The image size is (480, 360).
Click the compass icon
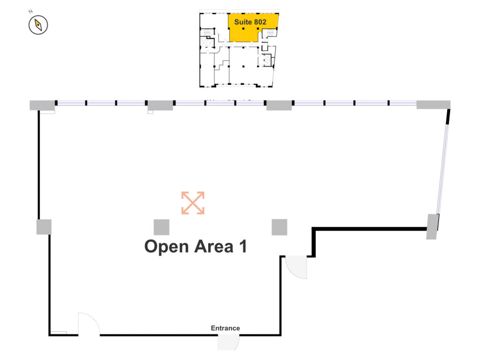point(38,25)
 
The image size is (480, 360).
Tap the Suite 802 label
point(250,22)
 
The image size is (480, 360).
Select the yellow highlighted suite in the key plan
point(253,28)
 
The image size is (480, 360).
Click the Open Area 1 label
point(195,247)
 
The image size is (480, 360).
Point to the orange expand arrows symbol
point(193,203)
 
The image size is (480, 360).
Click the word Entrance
point(225,328)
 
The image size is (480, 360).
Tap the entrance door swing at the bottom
point(228,342)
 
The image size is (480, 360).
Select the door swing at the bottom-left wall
point(89,324)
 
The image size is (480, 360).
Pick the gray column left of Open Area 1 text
point(161,227)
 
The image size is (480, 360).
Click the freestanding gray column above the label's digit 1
point(279,227)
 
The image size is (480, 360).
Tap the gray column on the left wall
point(44,227)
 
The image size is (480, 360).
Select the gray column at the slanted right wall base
point(433,226)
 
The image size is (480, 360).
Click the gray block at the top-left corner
point(42,105)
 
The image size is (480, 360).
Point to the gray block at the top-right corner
point(434,105)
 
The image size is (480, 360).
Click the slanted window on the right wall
point(442,169)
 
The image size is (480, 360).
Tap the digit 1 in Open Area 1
point(243,247)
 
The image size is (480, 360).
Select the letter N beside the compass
point(30,12)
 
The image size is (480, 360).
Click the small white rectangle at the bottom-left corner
point(59,333)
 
